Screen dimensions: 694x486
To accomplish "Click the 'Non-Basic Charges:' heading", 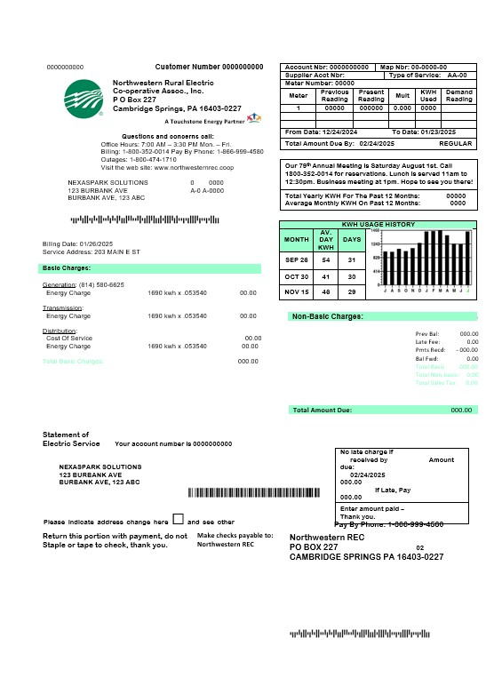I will coord(327,316).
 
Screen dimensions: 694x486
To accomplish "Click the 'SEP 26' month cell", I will coord(296,260).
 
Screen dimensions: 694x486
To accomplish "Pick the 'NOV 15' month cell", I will coord(296,291).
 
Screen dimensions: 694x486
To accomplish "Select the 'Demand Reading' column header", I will coord(458,95).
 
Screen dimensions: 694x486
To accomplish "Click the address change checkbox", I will coord(179,520).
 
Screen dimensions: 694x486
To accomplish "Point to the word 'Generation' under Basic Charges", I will coord(60,284).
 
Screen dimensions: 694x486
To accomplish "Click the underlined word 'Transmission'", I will coord(63,307).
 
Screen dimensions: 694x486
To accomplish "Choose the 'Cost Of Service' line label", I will coord(69,338).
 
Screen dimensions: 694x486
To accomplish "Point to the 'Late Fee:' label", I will coord(428,341).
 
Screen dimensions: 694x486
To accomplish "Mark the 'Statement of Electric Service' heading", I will coord(71,439).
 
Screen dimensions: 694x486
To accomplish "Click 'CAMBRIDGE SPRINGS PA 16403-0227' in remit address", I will coord(366,556).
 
